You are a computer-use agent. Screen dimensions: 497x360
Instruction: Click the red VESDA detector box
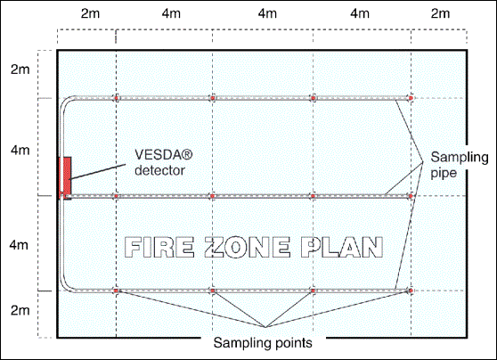tap(65, 177)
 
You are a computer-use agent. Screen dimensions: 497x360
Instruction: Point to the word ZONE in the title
tap(248, 247)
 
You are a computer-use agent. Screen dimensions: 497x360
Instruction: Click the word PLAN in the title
tap(342, 247)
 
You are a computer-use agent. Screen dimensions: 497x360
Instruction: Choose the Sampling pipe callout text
tap(460, 165)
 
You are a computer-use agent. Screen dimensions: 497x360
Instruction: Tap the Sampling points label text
tap(263, 343)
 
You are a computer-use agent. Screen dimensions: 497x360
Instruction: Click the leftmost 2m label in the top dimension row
tap(90, 13)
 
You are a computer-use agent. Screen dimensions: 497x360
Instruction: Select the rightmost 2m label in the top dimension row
tap(440, 13)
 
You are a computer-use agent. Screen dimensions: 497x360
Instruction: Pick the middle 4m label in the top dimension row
tap(267, 13)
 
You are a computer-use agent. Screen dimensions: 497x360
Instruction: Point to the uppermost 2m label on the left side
tap(20, 70)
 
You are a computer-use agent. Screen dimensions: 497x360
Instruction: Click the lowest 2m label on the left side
tap(20, 310)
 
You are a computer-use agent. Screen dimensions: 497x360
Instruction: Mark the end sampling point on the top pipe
tap(411, 98)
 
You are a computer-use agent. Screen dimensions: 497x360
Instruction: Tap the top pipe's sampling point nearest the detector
tap(116, 98)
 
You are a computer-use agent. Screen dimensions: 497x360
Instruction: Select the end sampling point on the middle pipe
tap(411, 196)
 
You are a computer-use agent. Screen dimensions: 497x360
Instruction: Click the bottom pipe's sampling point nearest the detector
tap(116, 290)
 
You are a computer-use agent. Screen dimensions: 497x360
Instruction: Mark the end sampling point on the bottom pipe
tap(411, 290)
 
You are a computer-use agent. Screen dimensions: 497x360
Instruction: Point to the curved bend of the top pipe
tap(65, 102)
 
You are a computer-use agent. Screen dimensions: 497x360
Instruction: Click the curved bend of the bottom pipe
tap(65, 287)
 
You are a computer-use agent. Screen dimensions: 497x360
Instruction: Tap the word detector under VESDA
tap(159, 170)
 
